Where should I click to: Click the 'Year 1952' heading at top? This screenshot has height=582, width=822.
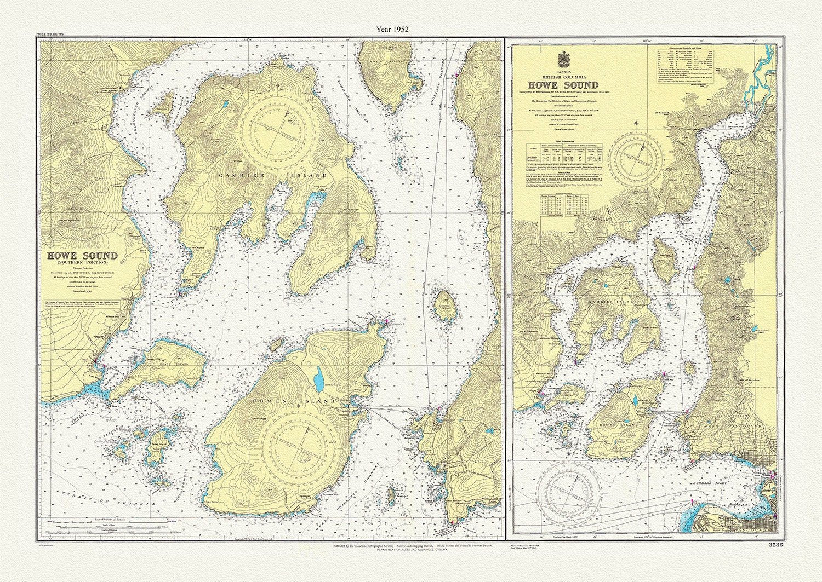tap(392, 28)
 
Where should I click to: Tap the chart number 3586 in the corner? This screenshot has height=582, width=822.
tap(776, 545)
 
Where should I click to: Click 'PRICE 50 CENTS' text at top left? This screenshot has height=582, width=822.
tap(50, 34)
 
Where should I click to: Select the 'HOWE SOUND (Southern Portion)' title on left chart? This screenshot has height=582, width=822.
tap(82, 257)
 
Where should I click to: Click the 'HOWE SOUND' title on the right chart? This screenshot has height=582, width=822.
tap(563, 85)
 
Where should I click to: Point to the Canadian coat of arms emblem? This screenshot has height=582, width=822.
tap(563, 59)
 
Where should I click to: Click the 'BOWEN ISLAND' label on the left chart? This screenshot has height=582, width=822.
tap(293, 401)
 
